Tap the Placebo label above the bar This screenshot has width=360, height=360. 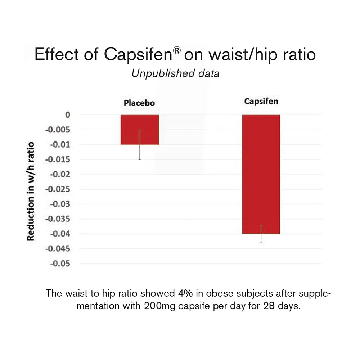pos(139,103)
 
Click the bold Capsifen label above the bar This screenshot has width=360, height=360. pos(261,101)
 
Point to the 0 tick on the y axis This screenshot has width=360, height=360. pos(67,115)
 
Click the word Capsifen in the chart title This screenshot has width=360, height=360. pos(138,55)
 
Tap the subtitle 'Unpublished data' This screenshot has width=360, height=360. pos(175,73)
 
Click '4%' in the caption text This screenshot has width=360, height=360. pos(186,293)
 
